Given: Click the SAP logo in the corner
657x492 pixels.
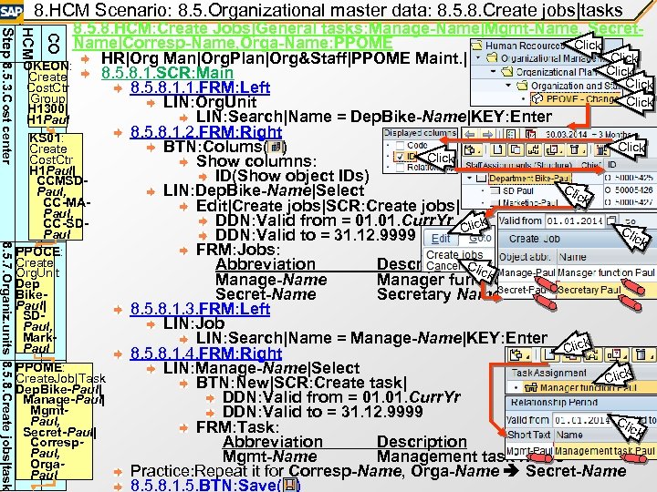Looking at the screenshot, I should pyautogui.click(x=14, y=12).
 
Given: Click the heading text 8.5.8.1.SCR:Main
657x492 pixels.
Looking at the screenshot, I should pyautogui.click(x=168, y=73).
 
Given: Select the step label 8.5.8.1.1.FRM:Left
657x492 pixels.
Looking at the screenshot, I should pyautogui.click(x=200, y=87).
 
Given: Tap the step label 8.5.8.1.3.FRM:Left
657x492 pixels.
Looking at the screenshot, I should pyautogui.click(x=200, y=308).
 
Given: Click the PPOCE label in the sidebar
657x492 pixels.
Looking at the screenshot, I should pyautogui.click(x=38, y=251).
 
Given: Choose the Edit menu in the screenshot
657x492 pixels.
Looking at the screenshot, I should pyautogui.click(x=441, y=236).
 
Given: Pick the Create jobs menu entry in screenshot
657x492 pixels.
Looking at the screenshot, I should pyautogui.click(x=454, y=255).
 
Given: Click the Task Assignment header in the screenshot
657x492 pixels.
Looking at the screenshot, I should pyautogui.click(x=537, y=373).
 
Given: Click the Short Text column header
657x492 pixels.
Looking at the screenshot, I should pyautogui.click(x=529, y=434).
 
